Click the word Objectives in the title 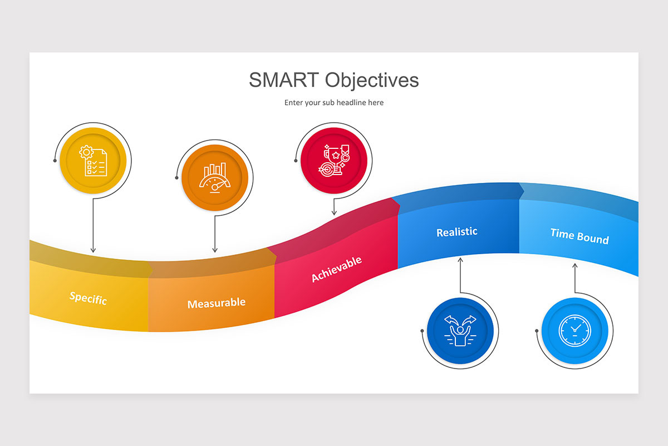pos(372,80)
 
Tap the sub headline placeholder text pos(334,103)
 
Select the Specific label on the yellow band pos(88,298)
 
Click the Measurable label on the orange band pos(216,303)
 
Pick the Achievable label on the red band pos(336,269)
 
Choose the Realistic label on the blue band pos(456,232)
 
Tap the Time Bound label pos(579,236)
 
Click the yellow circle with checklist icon pos(94,161)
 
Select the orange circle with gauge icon pos(215,178)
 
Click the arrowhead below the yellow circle pos(93,250)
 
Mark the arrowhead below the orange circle pos(215,250)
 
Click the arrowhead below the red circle pos(334,213)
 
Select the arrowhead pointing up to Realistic pos(460,259)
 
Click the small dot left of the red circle pos(296,161)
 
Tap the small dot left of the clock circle pos(537,331)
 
